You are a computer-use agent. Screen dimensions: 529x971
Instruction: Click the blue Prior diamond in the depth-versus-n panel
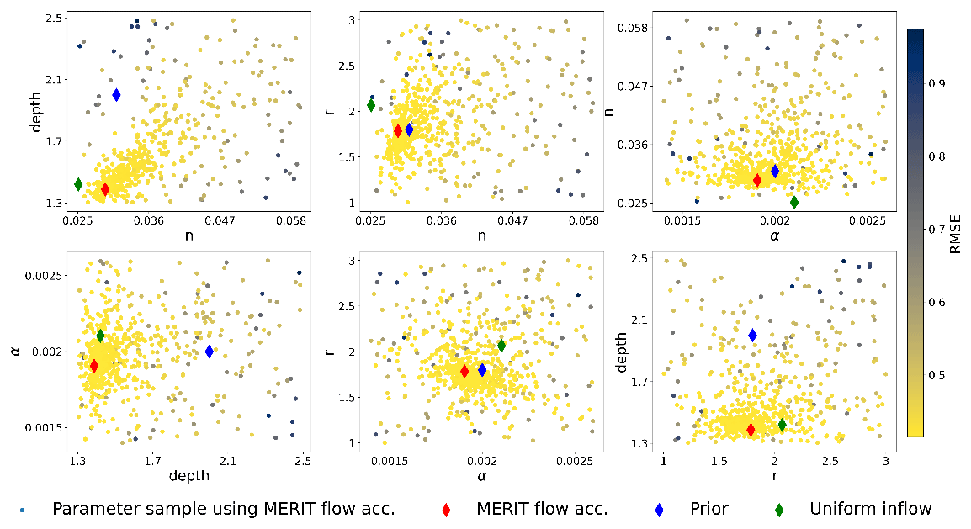pyautogui.click(x=116, y=95)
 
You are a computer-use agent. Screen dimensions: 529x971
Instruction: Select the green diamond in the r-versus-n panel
pyautogui.click(x=371, y=105)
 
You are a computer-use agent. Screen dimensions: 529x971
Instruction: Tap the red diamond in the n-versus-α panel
pyautogui.click(x=756, y=179)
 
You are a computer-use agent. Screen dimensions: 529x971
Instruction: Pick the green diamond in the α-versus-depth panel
pyautogui.click(x=100, y=336)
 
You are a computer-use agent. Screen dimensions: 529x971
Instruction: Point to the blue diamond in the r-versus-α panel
pyautogui.click(x=482, y=369)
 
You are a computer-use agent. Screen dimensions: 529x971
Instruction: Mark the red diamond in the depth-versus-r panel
pyautogui.click(x=751, y=430)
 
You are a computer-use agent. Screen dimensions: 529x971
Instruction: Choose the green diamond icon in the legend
pyautogui.click(x=779, y=510)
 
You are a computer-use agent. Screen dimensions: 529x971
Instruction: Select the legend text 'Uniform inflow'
pyautogui.click(x=870, y=509)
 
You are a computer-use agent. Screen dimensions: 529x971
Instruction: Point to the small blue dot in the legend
pyautogui.click(x=22, y=510)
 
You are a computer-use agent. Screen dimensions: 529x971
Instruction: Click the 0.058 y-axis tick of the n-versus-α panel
pyautogui.click(x=632, y=28)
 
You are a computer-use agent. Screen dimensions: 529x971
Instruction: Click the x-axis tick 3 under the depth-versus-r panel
pyautogui.click(x=885, y=460)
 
